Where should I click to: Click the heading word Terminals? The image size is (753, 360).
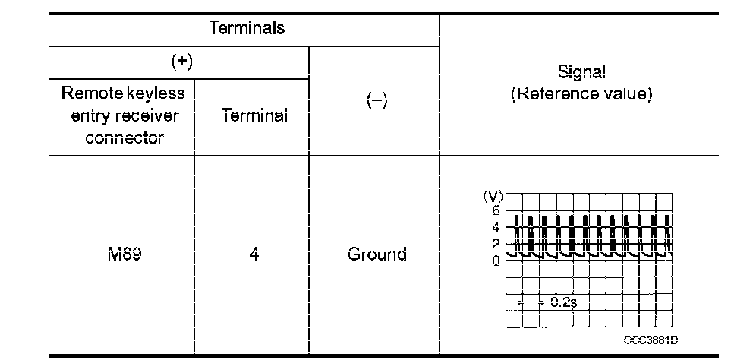pos(247,29)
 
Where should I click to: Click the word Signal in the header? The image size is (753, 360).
pos(581,73)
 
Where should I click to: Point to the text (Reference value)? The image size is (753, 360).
pos(581,96)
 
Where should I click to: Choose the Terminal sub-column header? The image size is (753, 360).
pos(254,115)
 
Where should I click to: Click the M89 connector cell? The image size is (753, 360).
pos(120,254)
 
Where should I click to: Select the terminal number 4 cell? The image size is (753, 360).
pos(254,254)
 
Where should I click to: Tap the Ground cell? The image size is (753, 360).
pos(376,254)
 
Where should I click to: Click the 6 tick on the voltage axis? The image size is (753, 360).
pos(496,210)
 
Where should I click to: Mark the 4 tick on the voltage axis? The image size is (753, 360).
pos(496,227)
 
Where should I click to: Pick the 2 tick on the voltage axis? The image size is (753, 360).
pos(496,244)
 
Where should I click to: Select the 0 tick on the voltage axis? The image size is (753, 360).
pos(496,261)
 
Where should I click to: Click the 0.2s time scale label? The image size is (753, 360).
pos(563,302)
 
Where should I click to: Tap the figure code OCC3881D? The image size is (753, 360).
pos(651,341)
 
